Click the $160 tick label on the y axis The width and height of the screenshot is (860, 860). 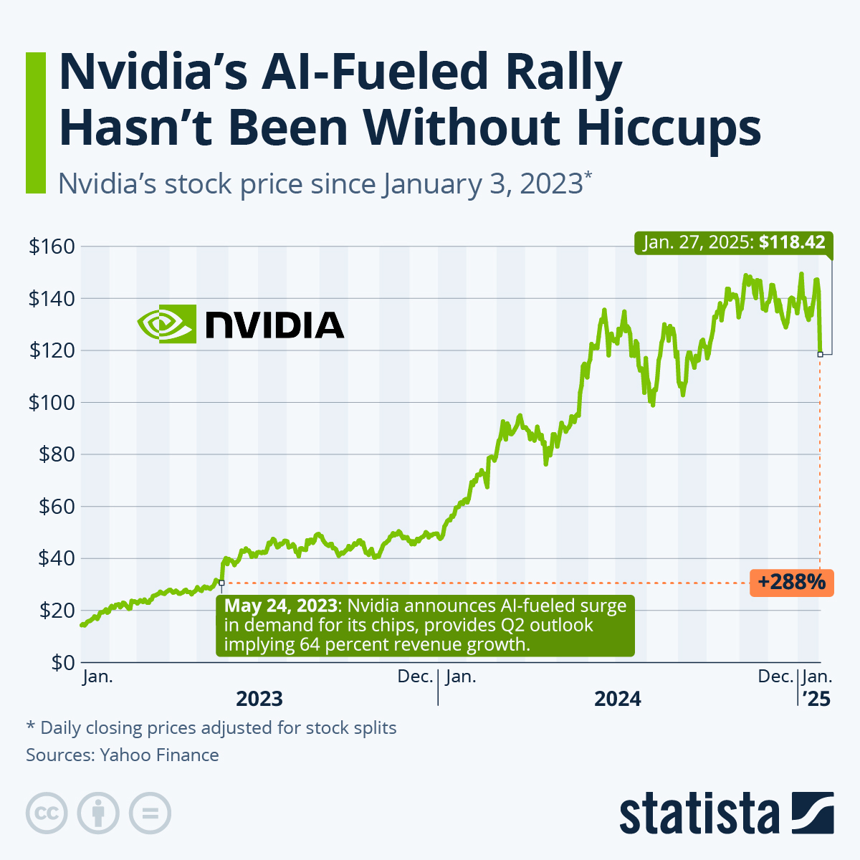click(51, 247)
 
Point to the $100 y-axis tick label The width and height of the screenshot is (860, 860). click(51, 403)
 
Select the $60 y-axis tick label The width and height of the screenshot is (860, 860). click(55, 507)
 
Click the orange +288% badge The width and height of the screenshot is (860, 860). click(792, 582)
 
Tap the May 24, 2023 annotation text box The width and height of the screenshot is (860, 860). click(425, 625)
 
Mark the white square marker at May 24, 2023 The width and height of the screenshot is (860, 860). click(221, 583)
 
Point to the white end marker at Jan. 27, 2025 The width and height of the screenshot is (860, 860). click(820, 354)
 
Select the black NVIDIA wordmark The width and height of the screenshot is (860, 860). click(274, 325)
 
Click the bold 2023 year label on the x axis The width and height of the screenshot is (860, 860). click(259, 698)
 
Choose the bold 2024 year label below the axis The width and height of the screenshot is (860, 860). click(618, 698)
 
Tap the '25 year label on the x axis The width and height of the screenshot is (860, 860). click(816, 698)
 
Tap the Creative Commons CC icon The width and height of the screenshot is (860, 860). click(47, 813)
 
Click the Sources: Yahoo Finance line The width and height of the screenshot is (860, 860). click(123, 755)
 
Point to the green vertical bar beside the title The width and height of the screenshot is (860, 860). click(35, 122)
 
